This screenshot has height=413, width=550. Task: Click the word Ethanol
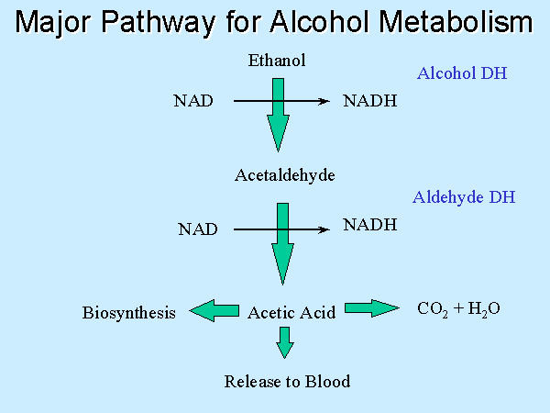tap(277, 61)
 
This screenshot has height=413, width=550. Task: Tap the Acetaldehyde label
tap(285, 175)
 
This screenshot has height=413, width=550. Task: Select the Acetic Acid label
tap(291, 313)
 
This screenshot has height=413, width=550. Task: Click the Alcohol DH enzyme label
tap(462, 73)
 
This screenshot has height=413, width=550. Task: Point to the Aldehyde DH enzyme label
tap(464, 197)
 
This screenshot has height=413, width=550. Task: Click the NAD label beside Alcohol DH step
tap(193, 101)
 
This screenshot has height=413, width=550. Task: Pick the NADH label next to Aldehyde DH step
tap(370, 225)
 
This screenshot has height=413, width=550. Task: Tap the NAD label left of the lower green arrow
tap(198, 229)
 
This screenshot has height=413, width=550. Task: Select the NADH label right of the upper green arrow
tap(370, 101)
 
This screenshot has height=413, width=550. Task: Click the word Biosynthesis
tap(128, 313)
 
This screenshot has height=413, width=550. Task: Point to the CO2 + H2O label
tap(458, 309)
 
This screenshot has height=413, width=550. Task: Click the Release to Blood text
tap(287, 382)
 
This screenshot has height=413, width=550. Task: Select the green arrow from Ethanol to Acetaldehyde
tap(278, 116)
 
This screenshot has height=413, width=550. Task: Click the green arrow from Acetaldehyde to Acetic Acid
tap(282, 244)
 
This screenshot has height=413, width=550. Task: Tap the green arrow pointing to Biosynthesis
tap(214, 310)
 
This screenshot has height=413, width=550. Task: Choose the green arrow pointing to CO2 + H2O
tap(372, 308)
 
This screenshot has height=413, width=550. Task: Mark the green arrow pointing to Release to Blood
tap(285, 342)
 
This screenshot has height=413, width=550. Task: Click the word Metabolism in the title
tap(456, 22)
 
